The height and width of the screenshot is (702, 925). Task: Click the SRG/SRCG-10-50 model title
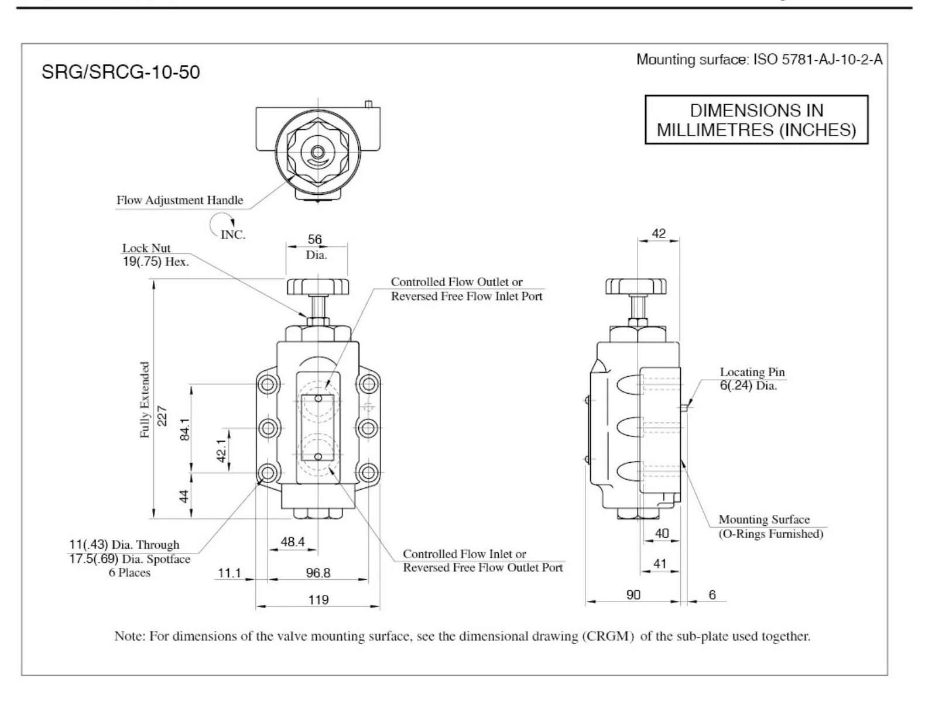tap(121, 73)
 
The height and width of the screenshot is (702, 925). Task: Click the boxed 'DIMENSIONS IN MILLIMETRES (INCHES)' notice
tap(756, 120)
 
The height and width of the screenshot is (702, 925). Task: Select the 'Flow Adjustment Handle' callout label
tap(179, 200)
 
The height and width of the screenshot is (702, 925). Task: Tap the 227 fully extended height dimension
tap(162, 416)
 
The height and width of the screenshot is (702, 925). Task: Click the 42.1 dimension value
tap(222, 450)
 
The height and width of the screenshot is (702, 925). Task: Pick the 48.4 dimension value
tap(292, 542)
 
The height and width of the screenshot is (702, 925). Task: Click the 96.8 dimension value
tap(318, 573)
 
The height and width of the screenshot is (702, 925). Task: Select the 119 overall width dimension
tap(318, 600)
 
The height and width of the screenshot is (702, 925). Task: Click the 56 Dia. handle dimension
tap(316, 246)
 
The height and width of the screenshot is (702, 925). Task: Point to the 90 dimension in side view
tap(633, 594)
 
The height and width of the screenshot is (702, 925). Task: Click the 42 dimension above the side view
tap(659, 233)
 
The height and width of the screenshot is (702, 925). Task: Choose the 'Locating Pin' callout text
tap(752, 372)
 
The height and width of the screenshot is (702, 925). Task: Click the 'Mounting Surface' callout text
tap(763, 519)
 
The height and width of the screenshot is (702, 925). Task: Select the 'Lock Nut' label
tap(146, 248)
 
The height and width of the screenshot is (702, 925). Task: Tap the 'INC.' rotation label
tap(232, 235)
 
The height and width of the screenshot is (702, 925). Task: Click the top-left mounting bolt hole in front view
tap(268, 384)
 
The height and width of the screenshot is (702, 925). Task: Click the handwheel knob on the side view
tap(636, 287)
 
